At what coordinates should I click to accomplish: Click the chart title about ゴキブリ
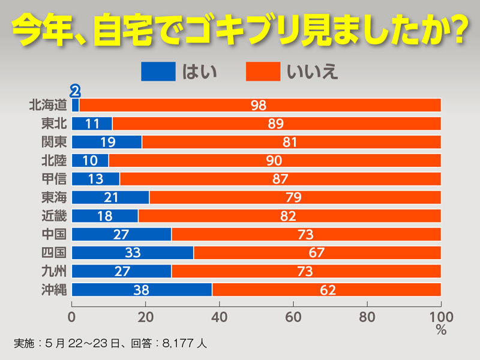(240, 30)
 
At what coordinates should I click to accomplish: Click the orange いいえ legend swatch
(263, 71)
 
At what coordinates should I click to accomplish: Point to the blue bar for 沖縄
(142, 290)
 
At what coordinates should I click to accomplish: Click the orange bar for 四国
(317, 253)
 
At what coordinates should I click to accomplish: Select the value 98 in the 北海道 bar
(259, 105)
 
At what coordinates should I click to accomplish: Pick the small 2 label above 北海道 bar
(75, 91)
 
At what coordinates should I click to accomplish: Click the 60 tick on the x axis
(294, 316)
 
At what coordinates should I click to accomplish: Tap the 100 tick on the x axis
(441, 316)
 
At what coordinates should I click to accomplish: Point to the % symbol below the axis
(442, 330)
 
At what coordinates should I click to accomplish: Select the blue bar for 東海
(110, 197)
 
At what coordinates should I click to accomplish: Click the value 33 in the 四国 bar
(133, 253)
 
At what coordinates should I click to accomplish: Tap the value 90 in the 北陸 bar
(274, 161)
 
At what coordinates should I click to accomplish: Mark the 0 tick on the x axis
(72, 316)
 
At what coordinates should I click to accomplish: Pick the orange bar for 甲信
(280, 179)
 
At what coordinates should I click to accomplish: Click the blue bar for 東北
(92, 124)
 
